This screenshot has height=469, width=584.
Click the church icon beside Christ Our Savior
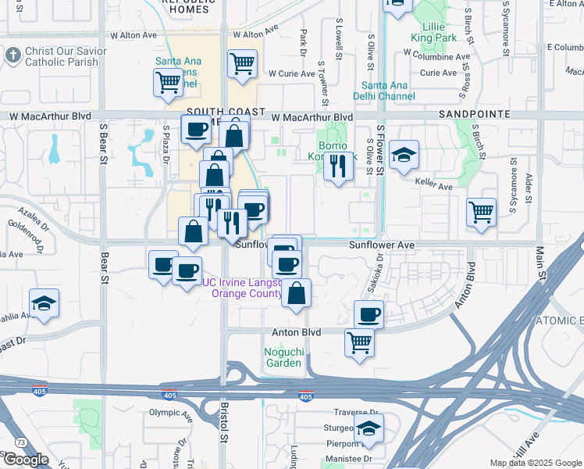(12, 55)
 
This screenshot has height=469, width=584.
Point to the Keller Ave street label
(435, 187)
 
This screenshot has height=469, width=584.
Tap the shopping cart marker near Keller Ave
(481, 212)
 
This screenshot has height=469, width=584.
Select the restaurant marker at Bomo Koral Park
(337, 166)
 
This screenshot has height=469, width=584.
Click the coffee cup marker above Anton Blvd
(369, 314)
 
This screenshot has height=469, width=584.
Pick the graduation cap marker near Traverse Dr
(369, 427)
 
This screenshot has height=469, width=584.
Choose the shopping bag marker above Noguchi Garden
(296, 292)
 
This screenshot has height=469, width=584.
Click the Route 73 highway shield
(20, 442)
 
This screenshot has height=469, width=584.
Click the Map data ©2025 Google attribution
(536, 463)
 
